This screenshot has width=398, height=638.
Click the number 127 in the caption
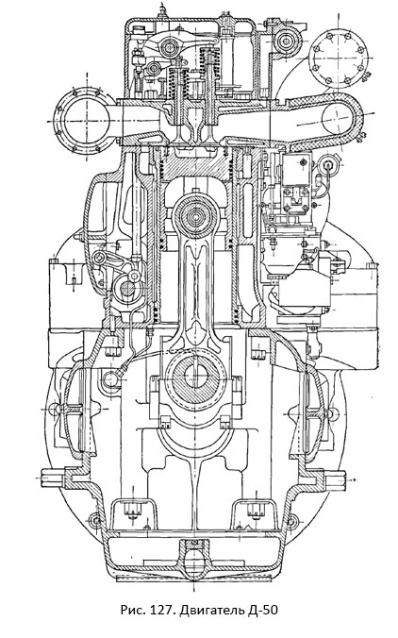point(163,611)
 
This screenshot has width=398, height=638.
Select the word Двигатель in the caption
point(212,611)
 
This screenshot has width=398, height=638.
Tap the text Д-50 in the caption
point(264,611)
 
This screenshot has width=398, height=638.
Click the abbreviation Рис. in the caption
point(135,611)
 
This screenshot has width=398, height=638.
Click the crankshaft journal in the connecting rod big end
point(196,377)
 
